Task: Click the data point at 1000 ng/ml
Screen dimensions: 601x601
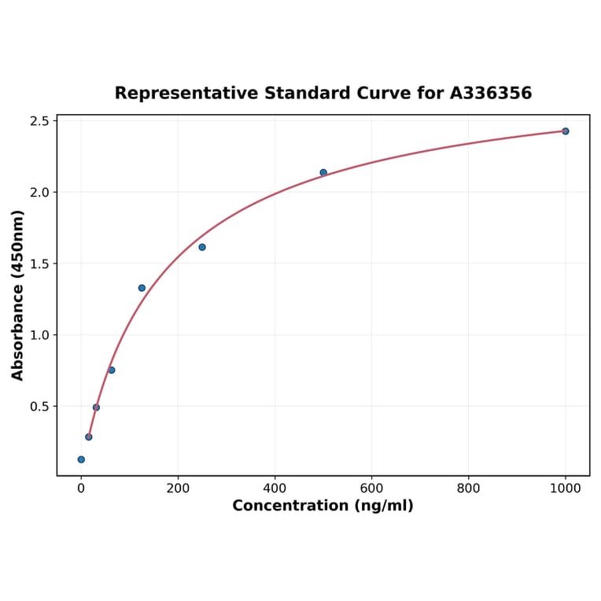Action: point(565,131)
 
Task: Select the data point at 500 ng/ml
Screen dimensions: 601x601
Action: point(323,172)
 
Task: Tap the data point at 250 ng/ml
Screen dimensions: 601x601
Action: point(202,247)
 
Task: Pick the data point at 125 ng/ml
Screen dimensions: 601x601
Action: point(142,288)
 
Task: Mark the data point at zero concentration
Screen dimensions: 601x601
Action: point(81,459)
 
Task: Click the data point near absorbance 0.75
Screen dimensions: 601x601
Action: point(112,370)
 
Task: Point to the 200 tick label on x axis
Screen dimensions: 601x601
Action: point(178,488)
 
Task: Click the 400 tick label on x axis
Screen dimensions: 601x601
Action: point(275,488)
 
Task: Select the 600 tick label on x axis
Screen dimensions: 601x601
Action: point(371,488)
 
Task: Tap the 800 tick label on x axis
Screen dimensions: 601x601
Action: point(468,488)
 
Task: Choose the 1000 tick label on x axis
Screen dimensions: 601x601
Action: point(565,488)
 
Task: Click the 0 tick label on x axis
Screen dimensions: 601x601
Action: point(81,488)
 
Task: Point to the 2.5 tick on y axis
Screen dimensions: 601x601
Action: point(40,121)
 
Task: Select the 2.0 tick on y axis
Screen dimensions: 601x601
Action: point(40,192)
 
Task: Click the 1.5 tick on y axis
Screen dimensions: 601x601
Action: point(40,264)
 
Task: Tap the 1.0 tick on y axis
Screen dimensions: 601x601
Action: point(40,335)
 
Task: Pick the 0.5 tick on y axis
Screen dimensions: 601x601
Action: point(40,407)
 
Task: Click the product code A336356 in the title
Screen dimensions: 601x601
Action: point(491,94)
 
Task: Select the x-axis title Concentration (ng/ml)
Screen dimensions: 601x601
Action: point(323,506)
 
